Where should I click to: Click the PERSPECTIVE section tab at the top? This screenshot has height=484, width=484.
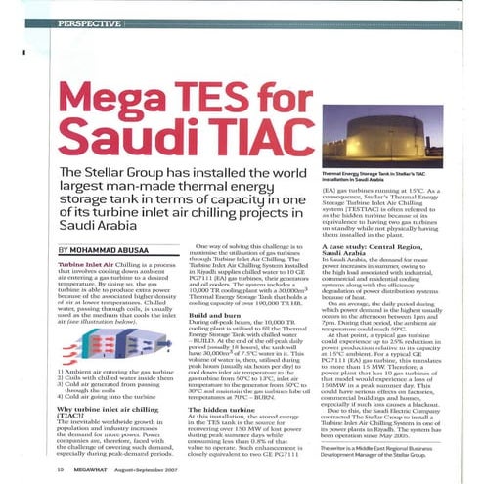(95, 21)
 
